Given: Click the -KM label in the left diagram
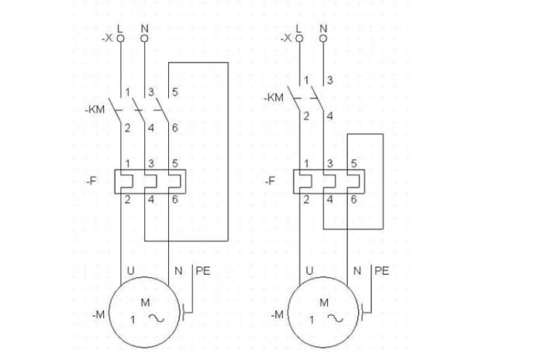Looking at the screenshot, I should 95,110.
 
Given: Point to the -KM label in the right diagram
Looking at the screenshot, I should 273,98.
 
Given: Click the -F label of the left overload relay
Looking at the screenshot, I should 91,181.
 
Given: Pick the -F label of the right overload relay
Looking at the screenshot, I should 270,181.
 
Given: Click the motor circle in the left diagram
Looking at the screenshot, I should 145,314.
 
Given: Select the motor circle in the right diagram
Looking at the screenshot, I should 324,314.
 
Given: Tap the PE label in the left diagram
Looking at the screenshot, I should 202,271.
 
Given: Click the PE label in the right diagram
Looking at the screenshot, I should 381,271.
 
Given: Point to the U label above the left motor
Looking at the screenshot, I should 129,271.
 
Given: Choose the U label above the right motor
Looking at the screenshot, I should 309,271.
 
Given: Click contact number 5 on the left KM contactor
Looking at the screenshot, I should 175,92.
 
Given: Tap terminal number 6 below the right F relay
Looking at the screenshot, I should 353,200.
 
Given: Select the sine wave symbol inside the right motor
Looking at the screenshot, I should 335,318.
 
